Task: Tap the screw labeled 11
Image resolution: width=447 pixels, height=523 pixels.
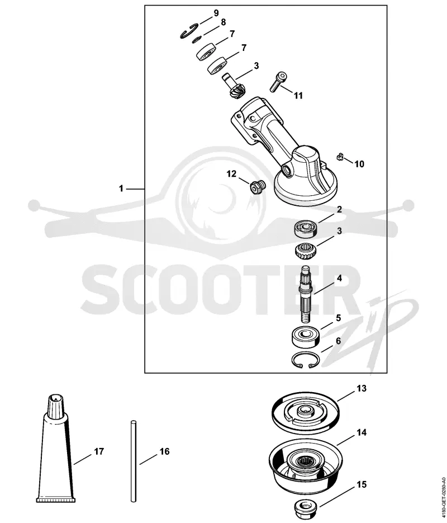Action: pos(277,82)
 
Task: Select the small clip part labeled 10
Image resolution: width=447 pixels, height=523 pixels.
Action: pos(339,156)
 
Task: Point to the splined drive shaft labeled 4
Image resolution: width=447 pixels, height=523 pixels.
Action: pos(306,294)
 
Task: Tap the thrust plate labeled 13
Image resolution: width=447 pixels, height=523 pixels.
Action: pos(305,413)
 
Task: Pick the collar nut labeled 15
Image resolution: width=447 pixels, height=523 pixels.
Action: pos(305,507)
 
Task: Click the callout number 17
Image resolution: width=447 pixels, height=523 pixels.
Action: pos(99,451)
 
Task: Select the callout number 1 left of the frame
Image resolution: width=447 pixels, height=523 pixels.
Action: pos(121,189)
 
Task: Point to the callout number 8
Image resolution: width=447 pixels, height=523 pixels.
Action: pos(223,22)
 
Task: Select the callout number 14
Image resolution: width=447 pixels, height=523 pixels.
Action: pos(362,432)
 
